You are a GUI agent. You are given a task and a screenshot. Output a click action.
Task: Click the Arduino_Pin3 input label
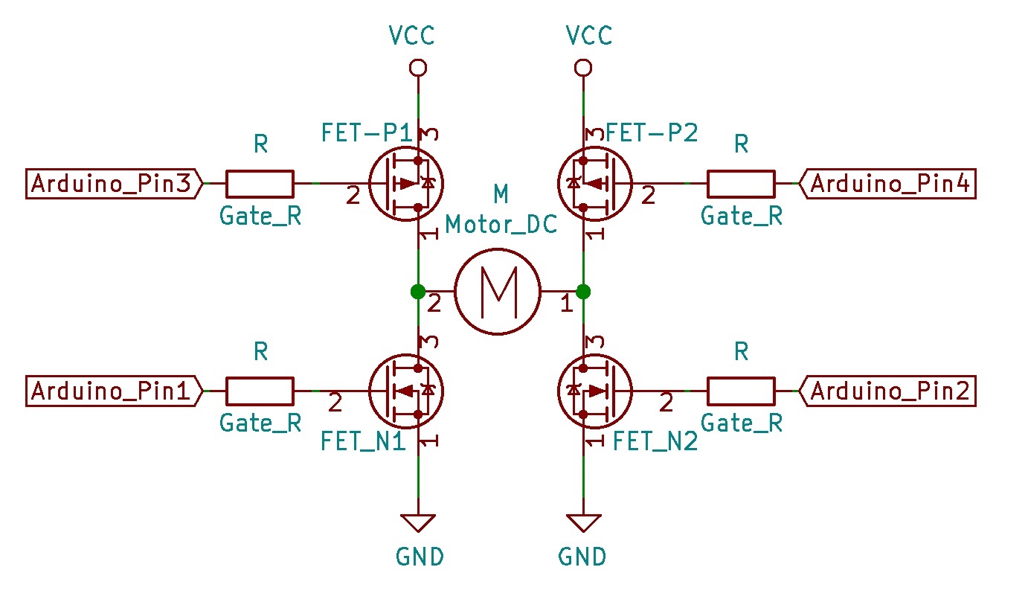point(114,184)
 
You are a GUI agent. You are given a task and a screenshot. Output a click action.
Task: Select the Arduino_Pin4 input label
point(887,184)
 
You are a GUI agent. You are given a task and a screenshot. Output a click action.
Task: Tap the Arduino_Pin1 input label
point(114,391)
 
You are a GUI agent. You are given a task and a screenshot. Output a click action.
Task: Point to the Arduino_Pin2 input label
point(887,391)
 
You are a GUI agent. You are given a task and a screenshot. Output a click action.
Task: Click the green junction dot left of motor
point(418,292)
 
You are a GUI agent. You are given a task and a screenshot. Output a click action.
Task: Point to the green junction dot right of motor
point(583,292)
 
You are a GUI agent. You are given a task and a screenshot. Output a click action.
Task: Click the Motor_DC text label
point(501,225)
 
